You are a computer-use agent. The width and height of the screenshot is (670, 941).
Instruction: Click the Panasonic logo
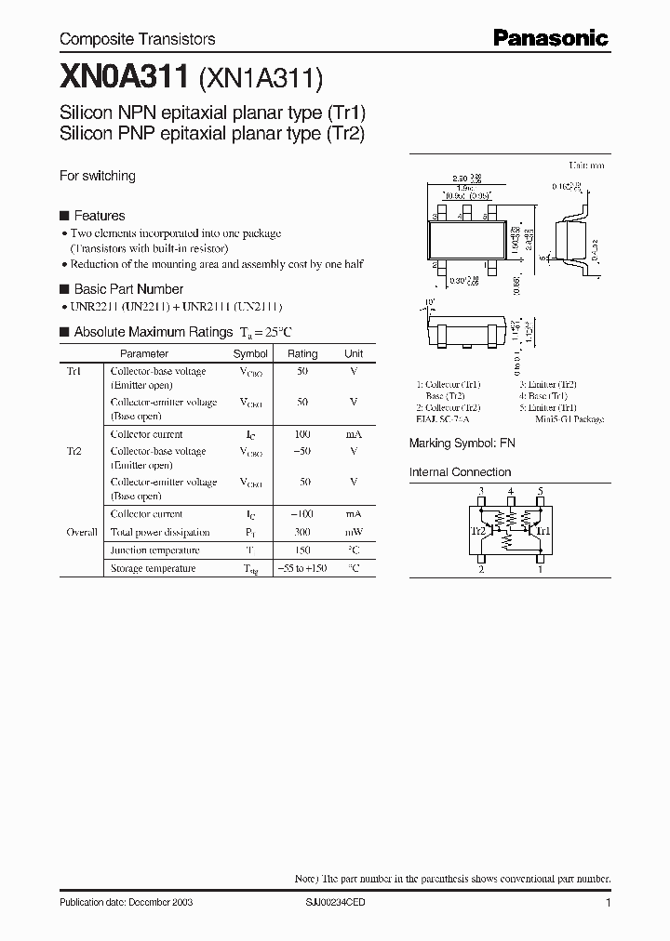point(550,38)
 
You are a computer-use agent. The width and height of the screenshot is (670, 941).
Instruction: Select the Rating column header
point(302,354)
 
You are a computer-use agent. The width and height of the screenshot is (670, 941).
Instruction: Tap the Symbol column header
point(250,354)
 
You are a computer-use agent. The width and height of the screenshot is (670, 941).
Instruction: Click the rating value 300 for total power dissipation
point(302,533)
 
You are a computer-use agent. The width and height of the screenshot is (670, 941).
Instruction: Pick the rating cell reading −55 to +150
point(302,568)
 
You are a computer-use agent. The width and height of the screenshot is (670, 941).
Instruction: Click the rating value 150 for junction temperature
point(302,550)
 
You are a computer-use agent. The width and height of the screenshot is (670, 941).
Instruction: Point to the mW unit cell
point(354,533)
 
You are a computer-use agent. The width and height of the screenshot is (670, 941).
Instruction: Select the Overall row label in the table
point(82,533)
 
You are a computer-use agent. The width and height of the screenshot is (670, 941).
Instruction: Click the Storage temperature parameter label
point(154,568)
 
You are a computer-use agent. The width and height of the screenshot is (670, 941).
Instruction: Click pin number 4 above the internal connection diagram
point(511,491)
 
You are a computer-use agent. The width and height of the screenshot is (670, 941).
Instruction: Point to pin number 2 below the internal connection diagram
point(481,570)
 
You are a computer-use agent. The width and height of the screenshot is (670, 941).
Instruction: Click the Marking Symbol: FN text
point(462,444)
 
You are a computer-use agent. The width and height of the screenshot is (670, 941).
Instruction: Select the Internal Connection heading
point(461,472)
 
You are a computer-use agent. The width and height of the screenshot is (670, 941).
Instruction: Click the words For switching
point(98,176)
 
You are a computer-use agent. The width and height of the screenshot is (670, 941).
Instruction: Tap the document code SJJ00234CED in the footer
point(337,903)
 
